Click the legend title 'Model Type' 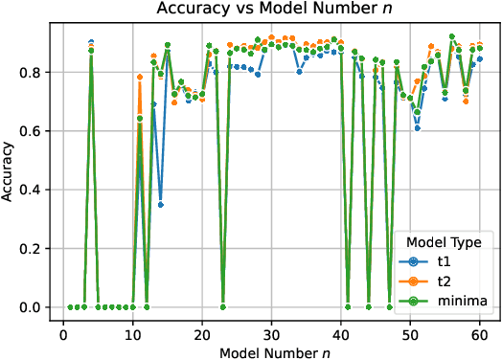(445, 241)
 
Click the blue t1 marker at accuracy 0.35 (161, 204)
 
